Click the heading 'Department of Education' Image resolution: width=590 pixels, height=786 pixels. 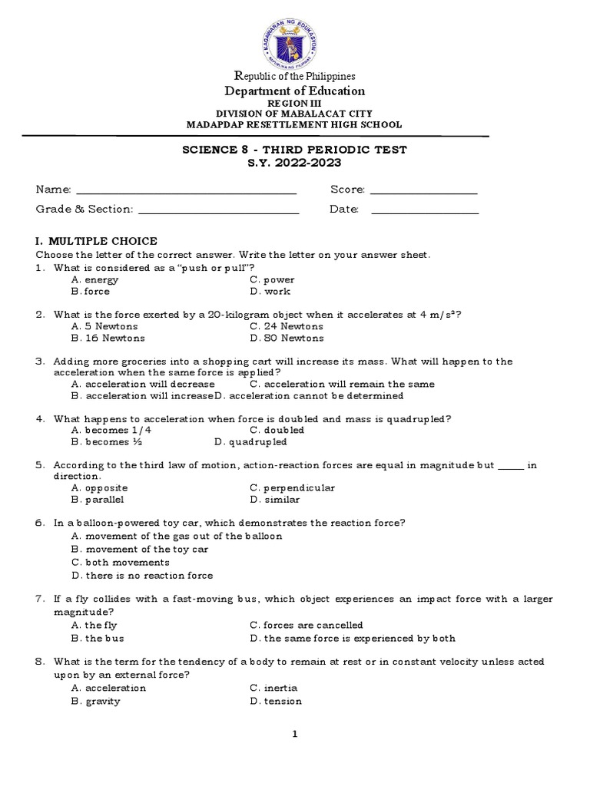(294, 91)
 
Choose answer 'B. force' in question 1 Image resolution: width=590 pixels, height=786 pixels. (91, 292)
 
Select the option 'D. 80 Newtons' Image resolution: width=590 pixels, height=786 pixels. (287, 338)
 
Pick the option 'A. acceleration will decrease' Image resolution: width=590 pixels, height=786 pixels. (143, 384)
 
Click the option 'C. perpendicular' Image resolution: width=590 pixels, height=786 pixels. (292, 487)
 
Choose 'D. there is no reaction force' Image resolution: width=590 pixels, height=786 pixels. (142, 576)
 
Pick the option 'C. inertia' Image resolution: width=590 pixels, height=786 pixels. (273, 689)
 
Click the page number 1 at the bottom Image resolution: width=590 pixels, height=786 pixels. (294, 735)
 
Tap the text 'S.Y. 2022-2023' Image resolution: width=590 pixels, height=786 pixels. (294, 163)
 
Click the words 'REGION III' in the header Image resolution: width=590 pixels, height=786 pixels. (294, 103)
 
